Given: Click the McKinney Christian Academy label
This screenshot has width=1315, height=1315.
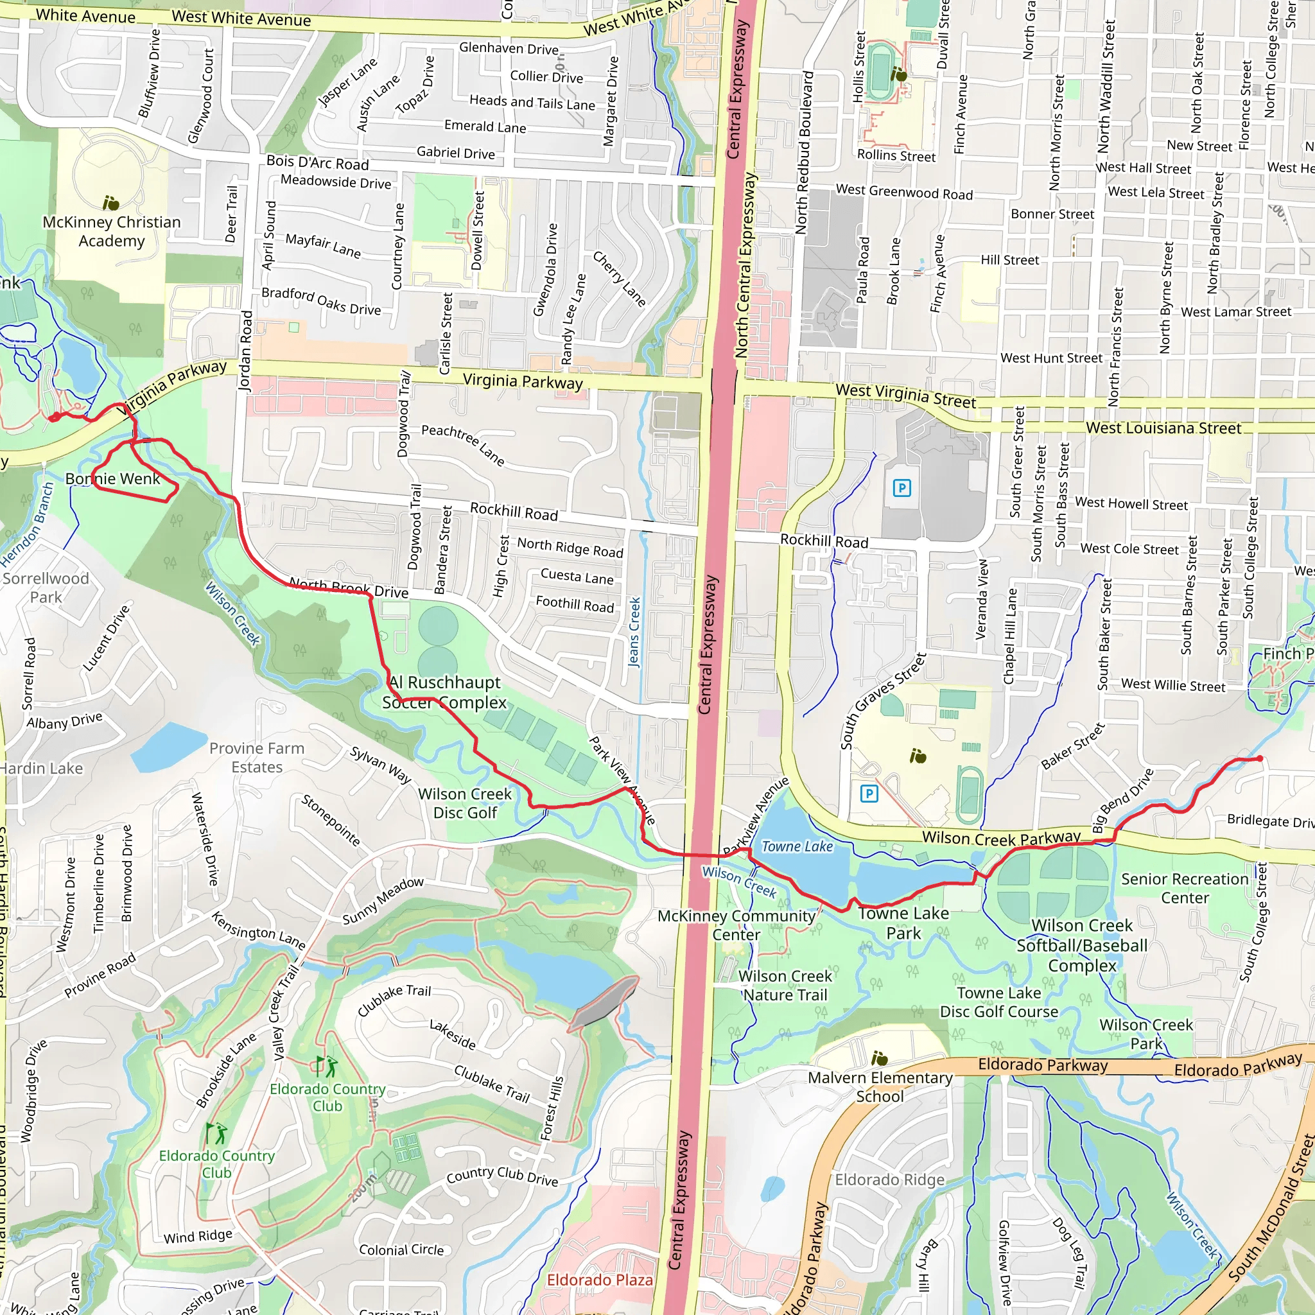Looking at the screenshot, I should click(x=112, y=231).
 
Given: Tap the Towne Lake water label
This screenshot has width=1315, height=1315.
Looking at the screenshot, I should click(x=796, y=847).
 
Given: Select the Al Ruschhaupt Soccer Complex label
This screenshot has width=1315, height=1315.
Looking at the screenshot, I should click(x=444, y=692).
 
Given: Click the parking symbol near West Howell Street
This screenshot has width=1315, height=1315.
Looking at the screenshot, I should click(x=902, y=487).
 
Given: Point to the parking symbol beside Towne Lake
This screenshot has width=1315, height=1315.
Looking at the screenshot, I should click(x=869, y=794).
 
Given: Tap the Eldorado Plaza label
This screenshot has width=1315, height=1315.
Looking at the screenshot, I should click(x=600, y=1280).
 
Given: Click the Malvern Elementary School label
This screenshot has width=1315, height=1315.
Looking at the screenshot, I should click(x=880, y=1087).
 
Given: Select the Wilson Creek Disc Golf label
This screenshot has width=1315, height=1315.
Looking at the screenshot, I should click(x=465, y=803).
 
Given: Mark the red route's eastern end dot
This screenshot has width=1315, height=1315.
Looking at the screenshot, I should click(x=1260, y=758).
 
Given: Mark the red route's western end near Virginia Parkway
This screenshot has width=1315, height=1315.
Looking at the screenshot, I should click(x=53, y=418).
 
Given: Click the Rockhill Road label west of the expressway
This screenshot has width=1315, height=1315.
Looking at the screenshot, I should click(x=514, y=511).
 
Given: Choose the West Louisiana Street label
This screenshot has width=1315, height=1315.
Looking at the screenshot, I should click(x=1163, y=428).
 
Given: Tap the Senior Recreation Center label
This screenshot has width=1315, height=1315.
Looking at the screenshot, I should click(x=1185, y=888).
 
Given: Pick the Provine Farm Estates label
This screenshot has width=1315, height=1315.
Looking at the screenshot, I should click(x=257, y=758).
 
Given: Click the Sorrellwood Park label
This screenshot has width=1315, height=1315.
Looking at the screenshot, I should click(x=46, y=588).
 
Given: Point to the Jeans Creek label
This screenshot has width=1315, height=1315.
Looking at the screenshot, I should click(x=634, y=632).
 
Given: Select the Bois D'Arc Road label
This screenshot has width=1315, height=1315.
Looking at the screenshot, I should click(x=317, y=162).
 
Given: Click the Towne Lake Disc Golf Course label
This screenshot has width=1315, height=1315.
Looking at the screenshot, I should click(x=998, y=1002).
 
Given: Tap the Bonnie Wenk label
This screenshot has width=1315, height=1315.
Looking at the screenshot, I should click(x=113, y=478).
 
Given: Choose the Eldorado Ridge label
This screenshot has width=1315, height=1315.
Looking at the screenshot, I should click(x=889, y=1180).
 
